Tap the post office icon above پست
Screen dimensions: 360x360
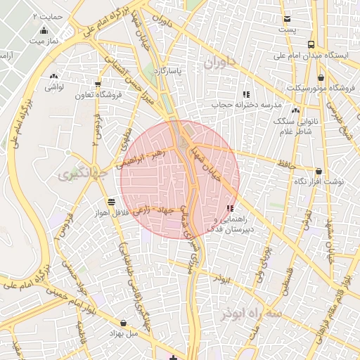[x=286, y=19]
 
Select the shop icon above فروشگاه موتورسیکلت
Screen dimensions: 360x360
[x=321, y=78]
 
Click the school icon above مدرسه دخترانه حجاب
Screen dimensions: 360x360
[x=245, y=94]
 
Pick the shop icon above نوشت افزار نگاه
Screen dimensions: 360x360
[x=319, y=171]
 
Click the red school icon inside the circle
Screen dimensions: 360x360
[x=231, y=208]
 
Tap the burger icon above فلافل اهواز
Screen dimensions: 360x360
[x=111, y=202]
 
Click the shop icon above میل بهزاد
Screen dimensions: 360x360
[x=124, y=323]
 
